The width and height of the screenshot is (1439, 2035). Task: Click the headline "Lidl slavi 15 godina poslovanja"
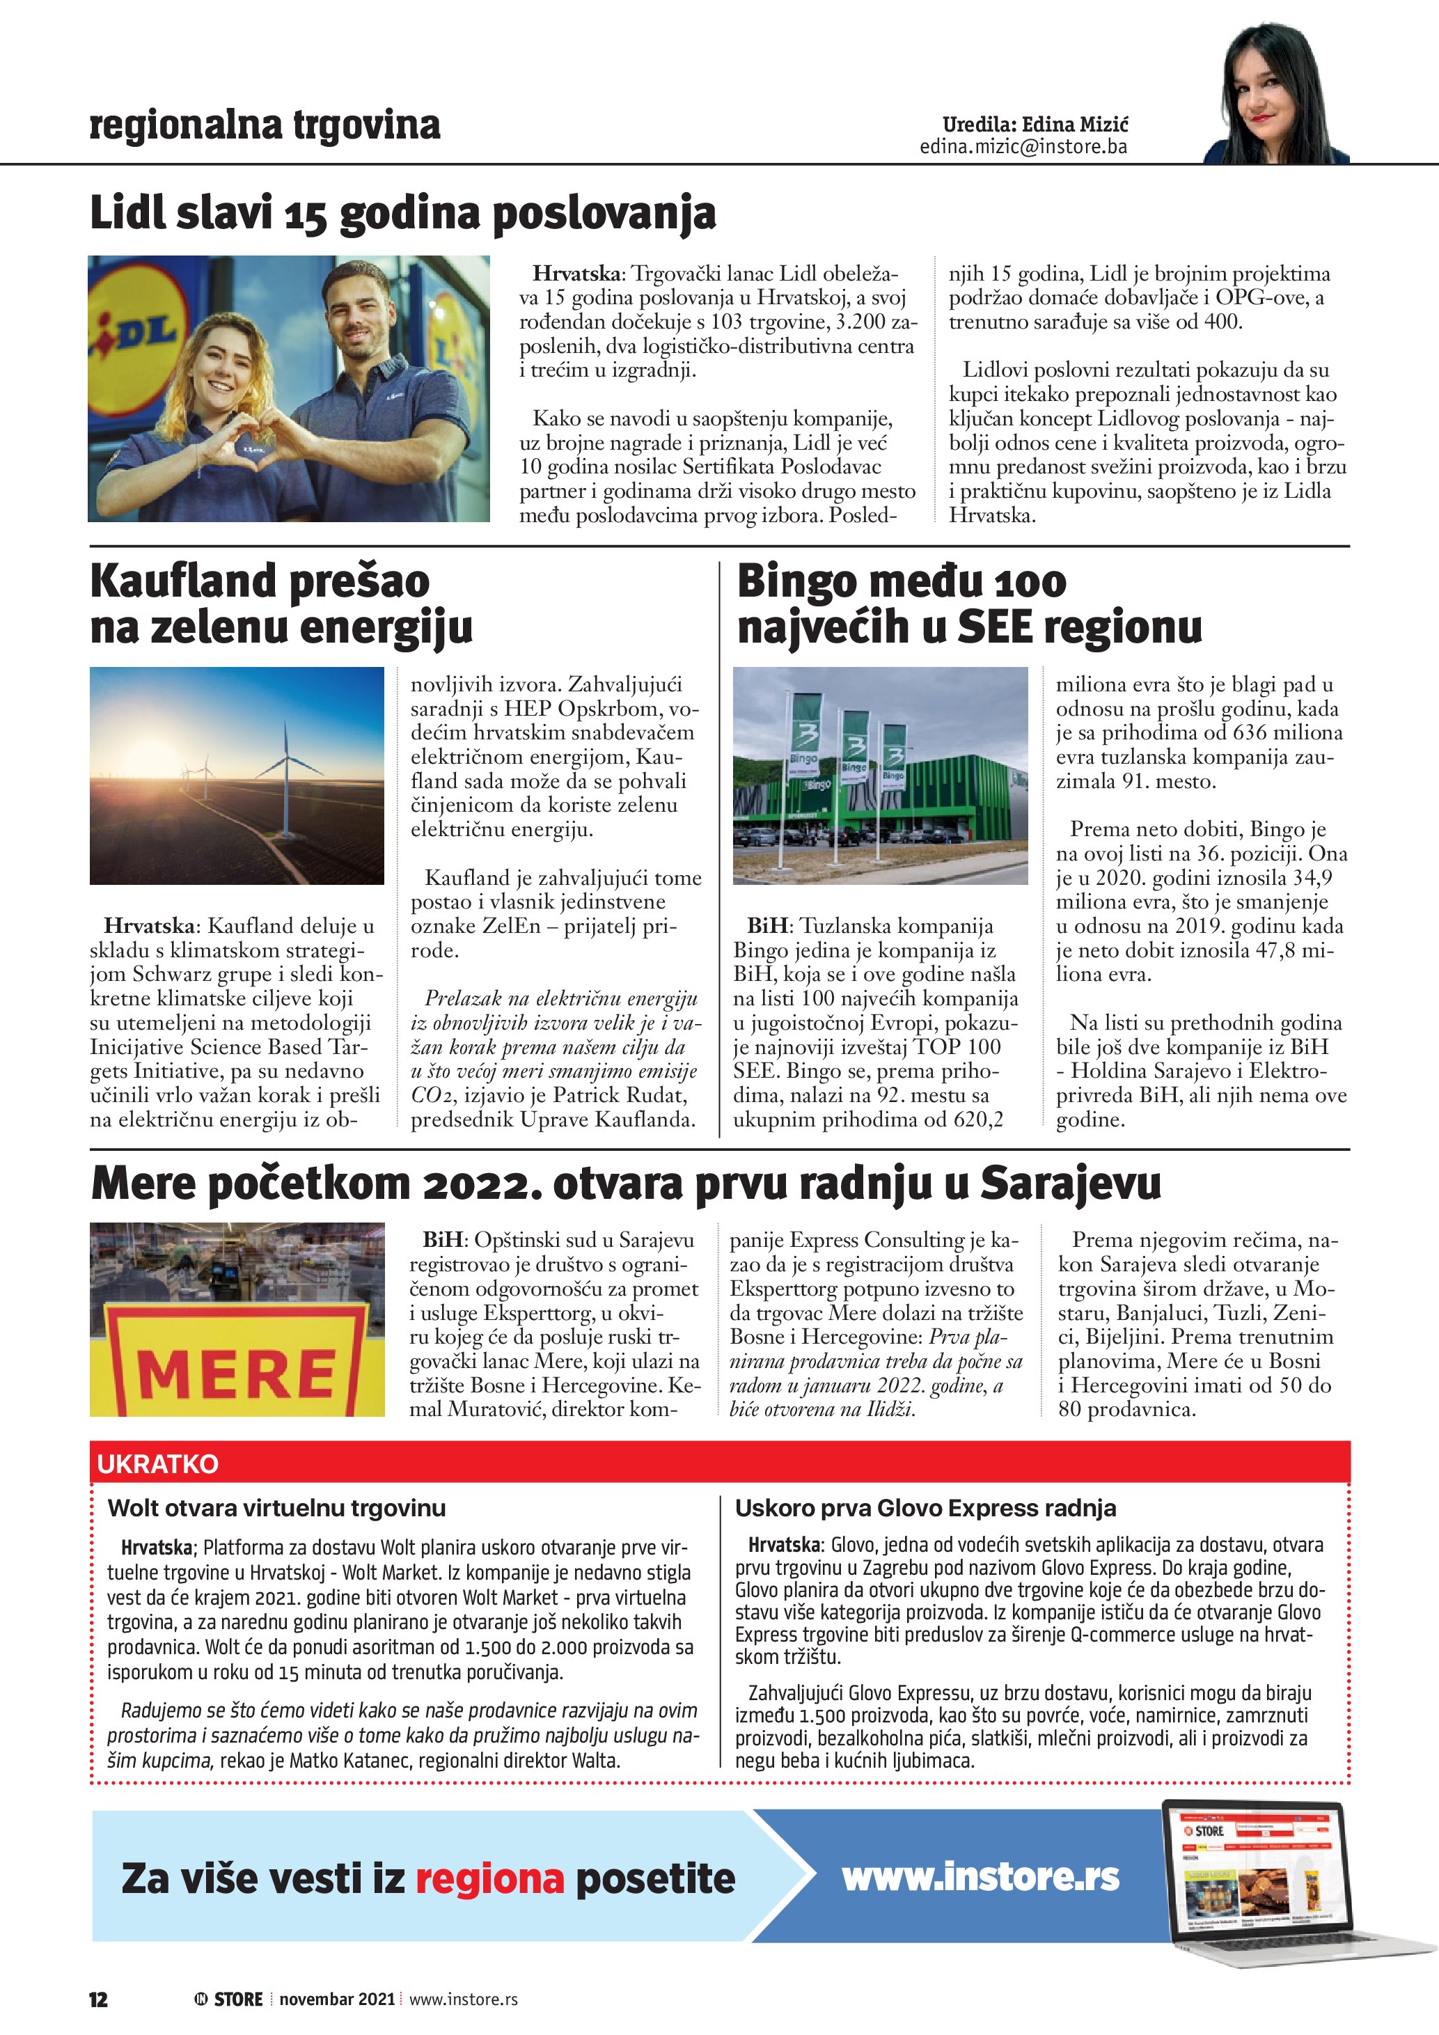403,214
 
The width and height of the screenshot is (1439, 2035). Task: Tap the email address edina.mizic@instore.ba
1023,146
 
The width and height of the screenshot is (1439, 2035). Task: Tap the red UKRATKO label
158,1463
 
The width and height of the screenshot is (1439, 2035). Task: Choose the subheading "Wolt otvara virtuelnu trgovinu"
276,1508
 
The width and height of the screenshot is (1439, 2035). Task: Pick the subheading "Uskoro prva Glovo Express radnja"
925,1508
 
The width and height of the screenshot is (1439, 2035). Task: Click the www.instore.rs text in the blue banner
980,1876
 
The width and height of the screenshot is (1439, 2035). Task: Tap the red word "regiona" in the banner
489,1878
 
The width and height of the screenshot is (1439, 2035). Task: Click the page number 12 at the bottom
98,1999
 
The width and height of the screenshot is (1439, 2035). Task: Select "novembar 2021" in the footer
337,1999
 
